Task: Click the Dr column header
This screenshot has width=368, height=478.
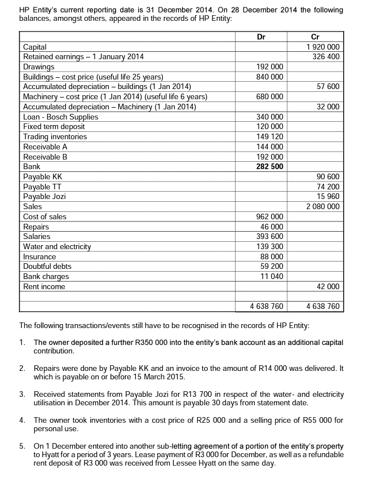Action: [261, 37]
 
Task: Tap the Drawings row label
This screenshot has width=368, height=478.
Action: [38, 67]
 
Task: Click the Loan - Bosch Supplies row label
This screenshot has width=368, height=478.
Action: [60, 117]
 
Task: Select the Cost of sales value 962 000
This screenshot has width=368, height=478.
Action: [271, 216]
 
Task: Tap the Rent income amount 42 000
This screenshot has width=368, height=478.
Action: [327, 286]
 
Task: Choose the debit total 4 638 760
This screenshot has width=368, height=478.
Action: [267, 307]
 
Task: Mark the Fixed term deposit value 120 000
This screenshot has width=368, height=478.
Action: [271, 127]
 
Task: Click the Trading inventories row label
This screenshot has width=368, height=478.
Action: [55, 137]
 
